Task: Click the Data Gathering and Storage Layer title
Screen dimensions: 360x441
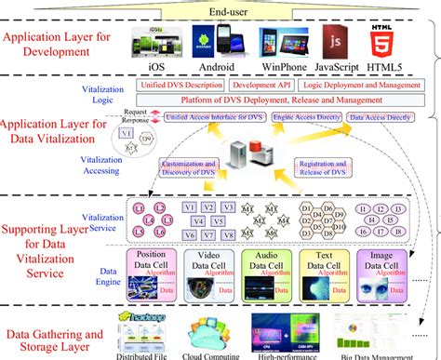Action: [x=48, y=336]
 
